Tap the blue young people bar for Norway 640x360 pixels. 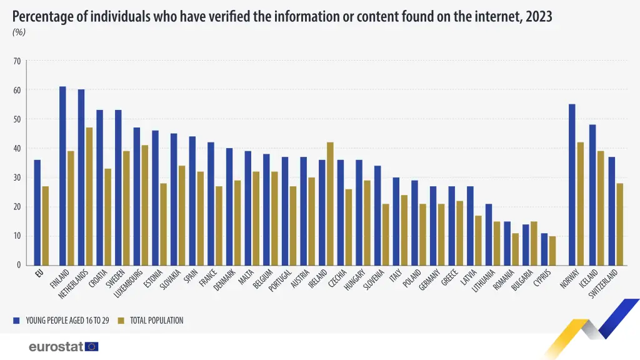(x=572, y=184)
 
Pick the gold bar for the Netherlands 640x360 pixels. (x=89, y=196)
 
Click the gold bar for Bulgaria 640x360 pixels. (x=533, y=243)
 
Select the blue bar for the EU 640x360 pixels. (x=37, y=212)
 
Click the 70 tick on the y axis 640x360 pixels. (x=17, y=61)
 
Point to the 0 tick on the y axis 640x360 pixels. (x=19, y=265)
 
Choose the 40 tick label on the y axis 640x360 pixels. (x=17, y=149)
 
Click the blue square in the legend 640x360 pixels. (x=16, y=321)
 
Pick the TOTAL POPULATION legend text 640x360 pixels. (x=156, y=321)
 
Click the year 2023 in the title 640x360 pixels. (x=539, y=16)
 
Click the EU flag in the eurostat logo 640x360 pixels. (x=92, y=346)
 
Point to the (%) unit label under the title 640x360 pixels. (x=19, y=32)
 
